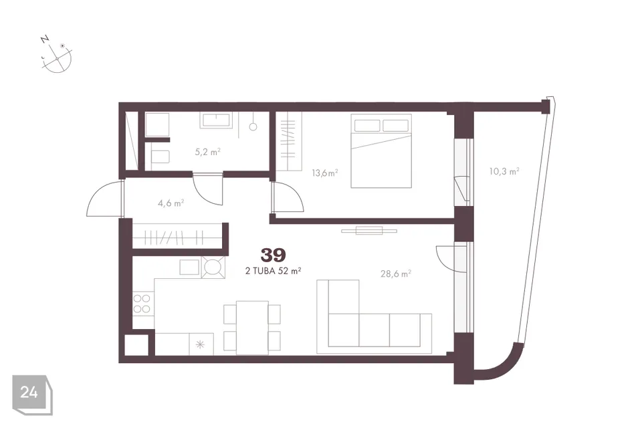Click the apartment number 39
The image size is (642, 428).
pyautogui.click(x=274, y=255)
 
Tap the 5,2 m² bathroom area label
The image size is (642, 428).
pyautogui.click(x=208, y=152)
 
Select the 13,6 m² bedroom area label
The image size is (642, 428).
pyautogui.click(x=325, y=173)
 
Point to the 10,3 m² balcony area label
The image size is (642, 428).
pyautogui.click(x=504, y=171)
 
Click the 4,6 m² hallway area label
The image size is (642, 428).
pyautogui.click(x=171, y=203)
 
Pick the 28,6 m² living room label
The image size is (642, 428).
pyautogui.click(x=396, y=274)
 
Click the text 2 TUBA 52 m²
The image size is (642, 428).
pyautogui.click(x=274, y=271)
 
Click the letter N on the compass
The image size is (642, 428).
pyautogui.click(x=45, y=39)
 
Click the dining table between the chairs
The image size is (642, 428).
pyautogui.click(x=252, y=328)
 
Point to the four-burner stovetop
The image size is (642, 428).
pyautogui.click(x=142, y=304)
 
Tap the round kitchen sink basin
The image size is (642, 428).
pyautogui.click(x=213, y=267)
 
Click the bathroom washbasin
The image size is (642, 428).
pyautogui.click(x=216, y=120)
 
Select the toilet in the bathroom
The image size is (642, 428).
pyautogui.click(x=160, y=156)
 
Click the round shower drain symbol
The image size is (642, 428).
pyautogui.click(x=253, y=127)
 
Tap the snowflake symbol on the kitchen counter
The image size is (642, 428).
pyautogui.click(x=200, y=344)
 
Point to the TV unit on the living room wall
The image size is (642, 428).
pyautogui.click(x=369, y=231)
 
